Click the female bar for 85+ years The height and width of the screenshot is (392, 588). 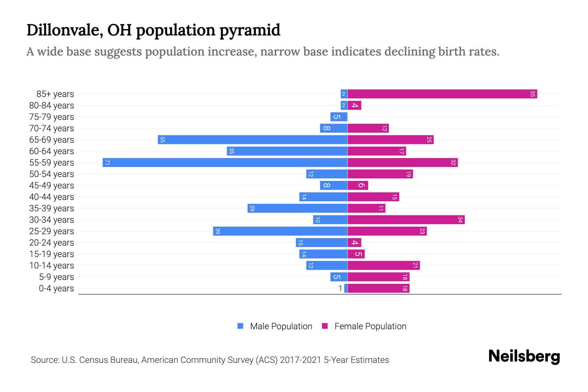442,94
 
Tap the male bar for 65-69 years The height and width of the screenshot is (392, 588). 253,140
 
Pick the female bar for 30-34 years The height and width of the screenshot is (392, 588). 406,220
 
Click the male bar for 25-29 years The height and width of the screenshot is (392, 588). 280,231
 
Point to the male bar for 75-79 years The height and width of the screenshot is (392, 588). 339,117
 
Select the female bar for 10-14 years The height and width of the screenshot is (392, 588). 384,266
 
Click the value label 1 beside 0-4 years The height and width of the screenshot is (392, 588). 340,288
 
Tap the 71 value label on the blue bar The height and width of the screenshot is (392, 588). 107,163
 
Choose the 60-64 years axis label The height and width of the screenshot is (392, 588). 52,151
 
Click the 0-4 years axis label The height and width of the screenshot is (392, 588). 56,288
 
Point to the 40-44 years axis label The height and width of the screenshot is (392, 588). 52,197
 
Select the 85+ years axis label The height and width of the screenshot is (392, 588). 55,94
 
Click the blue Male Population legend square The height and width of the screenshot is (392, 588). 240,326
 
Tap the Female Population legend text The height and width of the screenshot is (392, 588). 370,326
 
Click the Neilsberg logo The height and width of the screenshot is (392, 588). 524,356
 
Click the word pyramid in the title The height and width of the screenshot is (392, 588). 250,30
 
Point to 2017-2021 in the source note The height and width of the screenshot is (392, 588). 301,360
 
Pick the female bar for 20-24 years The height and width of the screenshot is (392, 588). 354,243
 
